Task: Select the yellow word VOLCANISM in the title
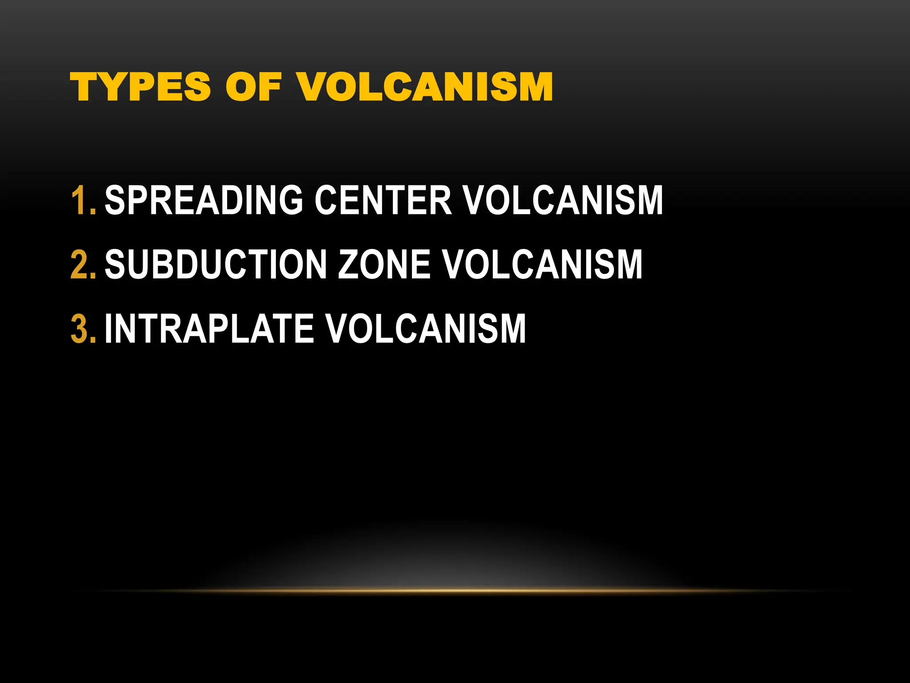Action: pyautogui.click(x=425, y=87)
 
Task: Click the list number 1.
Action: pyautogui.click(x=82, y=201)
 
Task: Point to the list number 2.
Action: pyautogui.click(x=82, y=265)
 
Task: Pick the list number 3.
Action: pyautogui.click(x=82, y=329)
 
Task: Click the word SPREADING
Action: pyautogui.click(x=204, y=201)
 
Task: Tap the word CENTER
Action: pyautogui.click(x=383, y=201)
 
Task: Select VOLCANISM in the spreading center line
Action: pyautogui.click(x=563, y=201)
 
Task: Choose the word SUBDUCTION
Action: pyautogui.click(x=216, y=265)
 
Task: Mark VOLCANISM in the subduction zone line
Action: pyautogui.click(x=543, y=265)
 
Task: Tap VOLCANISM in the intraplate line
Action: pyautogui.click(x=426, y=329)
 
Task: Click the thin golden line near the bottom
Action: pyautogui.click(x=455, y=591)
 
